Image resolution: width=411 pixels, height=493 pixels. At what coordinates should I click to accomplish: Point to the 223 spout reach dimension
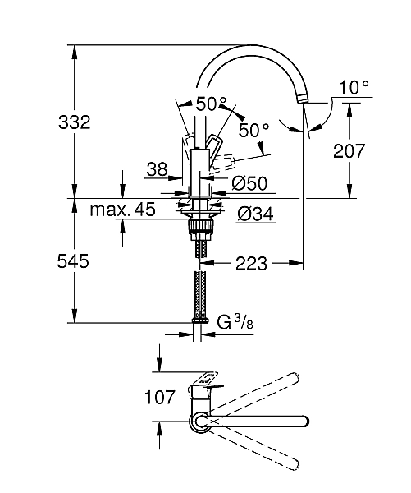click(252, 264)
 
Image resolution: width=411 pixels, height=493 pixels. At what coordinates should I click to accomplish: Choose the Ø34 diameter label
click(253, 214)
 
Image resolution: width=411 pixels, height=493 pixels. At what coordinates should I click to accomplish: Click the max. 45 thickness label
click(122, 210)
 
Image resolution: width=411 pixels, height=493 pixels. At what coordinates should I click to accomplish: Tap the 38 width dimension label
click(157, 168)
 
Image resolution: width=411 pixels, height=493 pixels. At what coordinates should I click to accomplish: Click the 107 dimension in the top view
click(160, 398)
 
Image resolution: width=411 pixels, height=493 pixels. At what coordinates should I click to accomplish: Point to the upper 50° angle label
click(211, 104)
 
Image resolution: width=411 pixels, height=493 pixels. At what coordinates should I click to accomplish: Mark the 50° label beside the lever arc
click(253, 130)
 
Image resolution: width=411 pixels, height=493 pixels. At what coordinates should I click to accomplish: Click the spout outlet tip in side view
click(303, 99)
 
